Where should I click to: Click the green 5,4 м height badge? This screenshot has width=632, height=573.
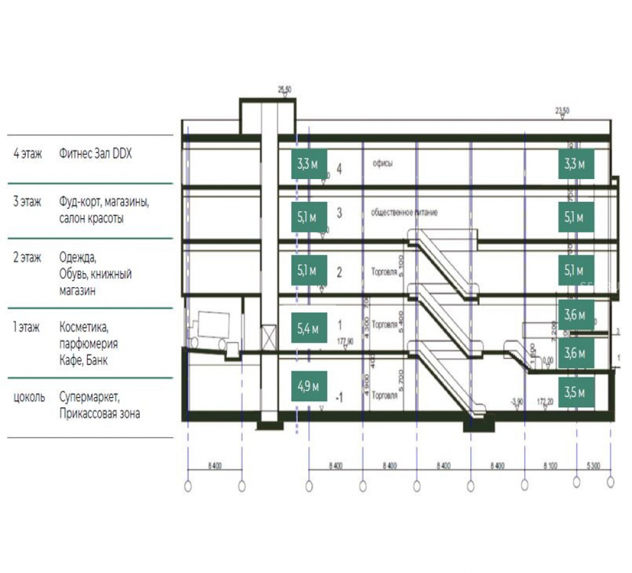[x=308, y=328]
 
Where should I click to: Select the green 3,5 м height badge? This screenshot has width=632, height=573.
[x=575, y=393]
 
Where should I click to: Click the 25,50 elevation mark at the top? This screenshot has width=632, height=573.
[x=284, y=90]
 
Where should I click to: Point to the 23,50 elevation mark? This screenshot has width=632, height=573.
[x=562, y=111]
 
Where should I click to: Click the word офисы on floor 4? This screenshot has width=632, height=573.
[x=383, y=164]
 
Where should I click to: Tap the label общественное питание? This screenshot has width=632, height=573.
[x=404, y=213]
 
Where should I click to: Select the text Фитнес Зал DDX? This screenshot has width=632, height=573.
[x=95, y=154]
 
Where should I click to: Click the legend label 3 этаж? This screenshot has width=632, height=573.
[x=27, y=202]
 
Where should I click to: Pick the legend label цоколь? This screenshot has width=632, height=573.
[x=28, y=398]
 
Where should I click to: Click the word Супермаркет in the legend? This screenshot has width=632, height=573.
[x=89, y=398]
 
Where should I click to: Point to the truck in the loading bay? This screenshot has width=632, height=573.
[x=211, y=328]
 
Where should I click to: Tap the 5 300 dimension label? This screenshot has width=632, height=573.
[x=593, y=467]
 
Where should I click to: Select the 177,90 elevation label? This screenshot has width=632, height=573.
[x=345, y=342]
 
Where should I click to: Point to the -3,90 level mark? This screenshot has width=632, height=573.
[x=517, y=402]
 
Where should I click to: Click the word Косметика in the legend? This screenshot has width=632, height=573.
[x=84, y=328]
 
